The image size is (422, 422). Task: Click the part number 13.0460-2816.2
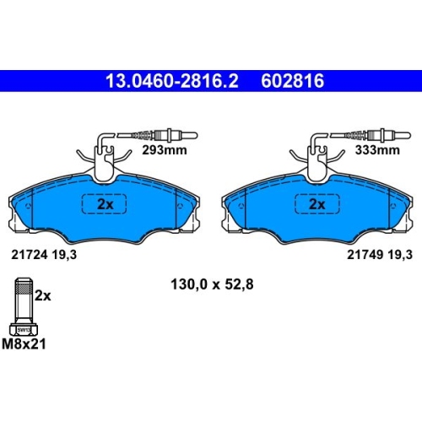[172, 81]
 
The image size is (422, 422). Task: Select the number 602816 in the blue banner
[293, 81]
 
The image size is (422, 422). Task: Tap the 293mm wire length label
[165, 150]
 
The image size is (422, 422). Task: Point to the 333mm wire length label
[377, 150]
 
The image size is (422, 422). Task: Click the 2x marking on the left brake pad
[105, 204]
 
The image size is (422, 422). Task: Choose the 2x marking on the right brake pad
[317, 204]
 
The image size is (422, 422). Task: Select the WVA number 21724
[30, 255]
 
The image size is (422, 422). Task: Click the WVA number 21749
[365, 255]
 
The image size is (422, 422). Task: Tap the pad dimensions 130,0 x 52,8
[212, 284]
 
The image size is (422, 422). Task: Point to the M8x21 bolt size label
[24, 344]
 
